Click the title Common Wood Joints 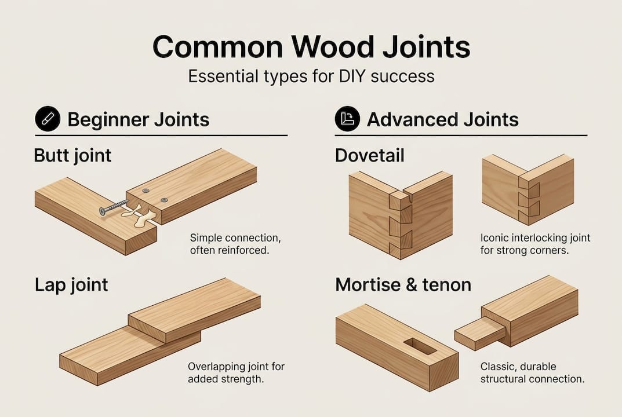(x=311, y=47)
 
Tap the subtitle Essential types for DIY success (x=311, y=76)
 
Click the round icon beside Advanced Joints (x=347, y=120)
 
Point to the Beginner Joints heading (x=138, y=120)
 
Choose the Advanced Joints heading (x=442, y=120)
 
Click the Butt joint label (x=72, y=155)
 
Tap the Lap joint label (x=71, y=285)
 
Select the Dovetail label (x=370, y=155)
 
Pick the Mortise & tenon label (x=403, y=285)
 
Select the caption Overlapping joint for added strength (x=236, y=373)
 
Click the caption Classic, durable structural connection (x=532, y=373)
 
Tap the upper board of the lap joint (x=194, y=310)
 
